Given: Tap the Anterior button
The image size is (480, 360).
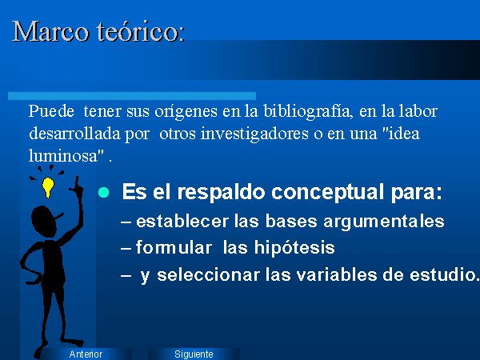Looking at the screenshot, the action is (x=86, y=354).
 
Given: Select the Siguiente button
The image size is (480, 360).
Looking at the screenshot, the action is (x=194, y=354).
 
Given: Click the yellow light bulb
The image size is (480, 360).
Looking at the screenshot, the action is (x=48, y=186).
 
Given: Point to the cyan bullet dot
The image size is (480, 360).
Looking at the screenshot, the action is (x=104, y=193).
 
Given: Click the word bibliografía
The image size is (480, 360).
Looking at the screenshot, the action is (x=307, y=111).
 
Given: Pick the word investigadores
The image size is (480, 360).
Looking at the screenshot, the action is (x=254, y=134).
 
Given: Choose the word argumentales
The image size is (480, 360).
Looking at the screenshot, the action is (x=383, y=222).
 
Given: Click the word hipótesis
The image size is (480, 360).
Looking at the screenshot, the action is (x=294, y=247).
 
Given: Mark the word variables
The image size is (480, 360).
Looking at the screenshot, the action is (x=337, y=274).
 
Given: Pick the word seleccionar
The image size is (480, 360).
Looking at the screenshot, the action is (x=208, y=274).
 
